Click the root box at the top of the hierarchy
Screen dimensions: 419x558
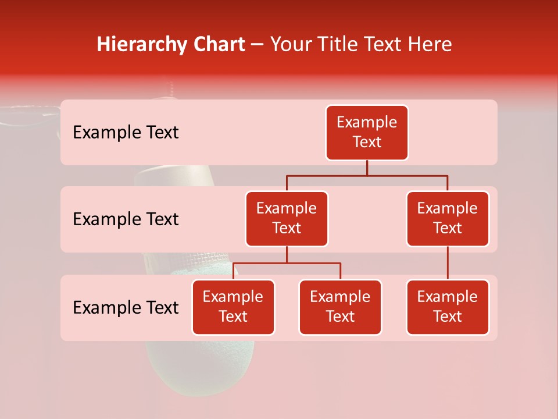coord(367,133)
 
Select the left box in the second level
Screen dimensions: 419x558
coord(287,219)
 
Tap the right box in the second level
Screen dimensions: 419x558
coord(448,219)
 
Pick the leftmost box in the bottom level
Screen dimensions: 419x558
coord(233,307)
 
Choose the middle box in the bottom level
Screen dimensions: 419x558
coord(340,307)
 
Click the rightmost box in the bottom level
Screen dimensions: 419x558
coord(448,307)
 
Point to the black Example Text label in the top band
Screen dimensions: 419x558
coord(126,133)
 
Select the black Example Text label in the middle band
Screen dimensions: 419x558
coord(126,219)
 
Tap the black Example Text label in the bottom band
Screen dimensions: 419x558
coord(126,308)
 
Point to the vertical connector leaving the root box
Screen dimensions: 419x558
coord(367,168)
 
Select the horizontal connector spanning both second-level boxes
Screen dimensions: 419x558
coord(367,175)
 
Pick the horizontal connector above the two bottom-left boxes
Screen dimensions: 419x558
coord(287,263)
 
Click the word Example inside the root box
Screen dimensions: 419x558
coord(367,122)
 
